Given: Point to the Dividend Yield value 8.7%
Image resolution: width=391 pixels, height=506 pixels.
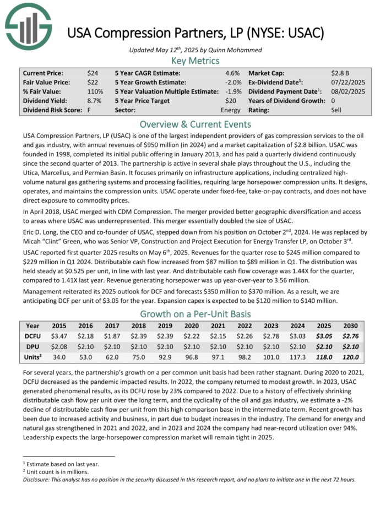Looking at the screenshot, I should pos(94,101).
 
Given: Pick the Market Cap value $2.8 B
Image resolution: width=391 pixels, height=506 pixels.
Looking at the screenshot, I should pos(341,73).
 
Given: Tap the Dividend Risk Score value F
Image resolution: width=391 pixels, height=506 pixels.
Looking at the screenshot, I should pos(89,110).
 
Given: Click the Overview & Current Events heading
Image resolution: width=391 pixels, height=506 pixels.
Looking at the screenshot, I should pos(196,124).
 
